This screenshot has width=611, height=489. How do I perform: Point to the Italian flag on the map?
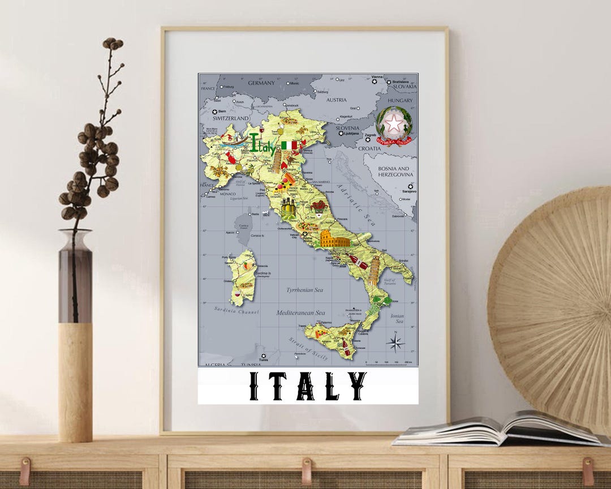(289, 145)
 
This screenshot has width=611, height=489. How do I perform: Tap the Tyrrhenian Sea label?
(304, 290)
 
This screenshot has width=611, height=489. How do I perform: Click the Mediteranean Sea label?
(300, 312)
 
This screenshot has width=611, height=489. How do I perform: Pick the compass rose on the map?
(396, 342)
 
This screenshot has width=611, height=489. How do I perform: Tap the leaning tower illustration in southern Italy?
(375, 270)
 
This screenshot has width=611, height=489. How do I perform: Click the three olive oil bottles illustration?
(288, 208)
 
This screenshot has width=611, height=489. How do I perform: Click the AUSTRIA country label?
(336, 100)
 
